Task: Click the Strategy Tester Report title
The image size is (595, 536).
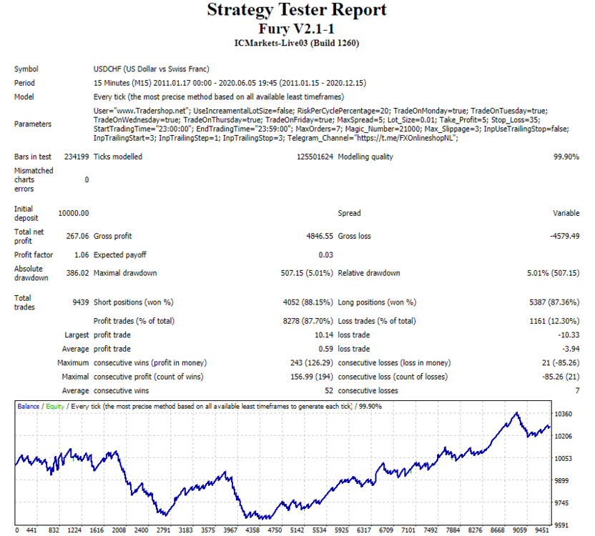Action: pyautogui.click(x=297, y=10)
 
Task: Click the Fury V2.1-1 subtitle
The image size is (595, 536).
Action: pyautogui.click(x=296, y=29)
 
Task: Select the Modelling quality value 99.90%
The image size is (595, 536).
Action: pyautogui.click(x=566, y=157)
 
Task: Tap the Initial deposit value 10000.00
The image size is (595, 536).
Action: pyautogui.click(x=74, y=213)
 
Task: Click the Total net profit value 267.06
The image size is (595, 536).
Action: pyautogui.click(x=77, y=236)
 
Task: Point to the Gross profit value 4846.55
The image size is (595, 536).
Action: pyautogui.click(x=320, y=236)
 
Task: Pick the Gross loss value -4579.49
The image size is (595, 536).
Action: pyautogui.click(x=565, y=236)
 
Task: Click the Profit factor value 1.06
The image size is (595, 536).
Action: pyautogui.click(x=82, y=255)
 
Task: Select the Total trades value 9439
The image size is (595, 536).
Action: pyautogui.click(x=80, y=302)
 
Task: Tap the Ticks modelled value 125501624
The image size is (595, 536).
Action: pyautogui.click(x=315, y=157)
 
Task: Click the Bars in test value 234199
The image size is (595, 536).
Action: pyautogui.click(x=77, y=157)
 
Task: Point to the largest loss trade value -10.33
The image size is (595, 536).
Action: pyautogui.click(x=569, y=335)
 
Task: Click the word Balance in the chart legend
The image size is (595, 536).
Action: pyautogui.click(x=28, y=406)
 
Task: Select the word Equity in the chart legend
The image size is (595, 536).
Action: pyautogui.click(x=55, y=407)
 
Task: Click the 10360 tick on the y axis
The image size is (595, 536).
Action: pyautogui.click(x=563, y=414)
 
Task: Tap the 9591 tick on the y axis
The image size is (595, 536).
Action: pyautogui.click(x=561, y=525)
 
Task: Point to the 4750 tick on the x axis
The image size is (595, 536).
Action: pyautogui.click(x=275, y=530)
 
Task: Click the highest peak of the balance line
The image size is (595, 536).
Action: pyautogui.click(x=516, y=412)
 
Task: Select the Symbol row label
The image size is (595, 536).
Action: pyautogui.click(x=26, y=69)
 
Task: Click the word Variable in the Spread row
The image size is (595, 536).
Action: pyautogui.click(x=566, y=213)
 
